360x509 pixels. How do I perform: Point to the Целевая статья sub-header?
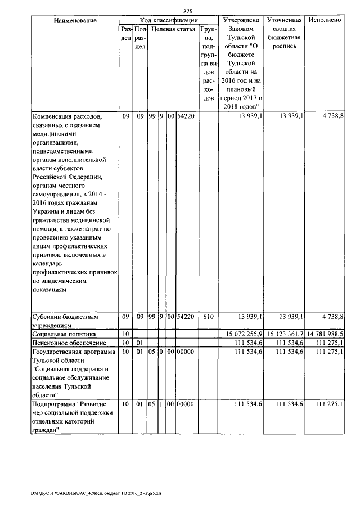point(173,29)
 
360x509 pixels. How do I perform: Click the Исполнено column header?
point(325,20)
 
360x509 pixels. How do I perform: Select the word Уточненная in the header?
point(285,20)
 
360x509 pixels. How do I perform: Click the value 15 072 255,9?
point(241,334)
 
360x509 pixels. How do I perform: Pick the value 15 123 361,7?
point(285,334)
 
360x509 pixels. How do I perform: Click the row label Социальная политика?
point(62,334)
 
